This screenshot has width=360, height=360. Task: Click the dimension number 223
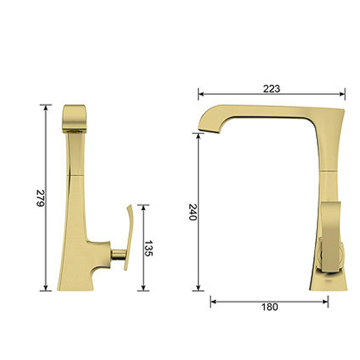point(271,88)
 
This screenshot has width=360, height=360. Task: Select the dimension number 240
point(193,211)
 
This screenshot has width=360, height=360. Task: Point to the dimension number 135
point(149,249)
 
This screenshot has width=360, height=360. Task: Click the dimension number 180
point(270,307)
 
